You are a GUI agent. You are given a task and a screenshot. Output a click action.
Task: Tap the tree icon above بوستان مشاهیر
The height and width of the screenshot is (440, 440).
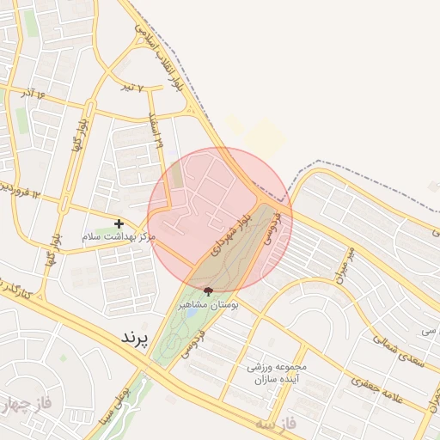click(x=207, y=292)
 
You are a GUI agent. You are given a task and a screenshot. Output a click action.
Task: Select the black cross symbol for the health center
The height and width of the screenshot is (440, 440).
click(x=119, y=223)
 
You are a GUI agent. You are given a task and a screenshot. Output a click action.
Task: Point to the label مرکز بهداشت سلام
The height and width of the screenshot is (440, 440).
click(x=119, y=235)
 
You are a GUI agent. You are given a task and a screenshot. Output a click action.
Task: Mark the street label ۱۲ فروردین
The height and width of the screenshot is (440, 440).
click(x=19, y=190)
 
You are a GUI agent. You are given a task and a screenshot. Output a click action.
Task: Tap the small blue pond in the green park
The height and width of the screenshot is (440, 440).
click(x=189, y=335)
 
